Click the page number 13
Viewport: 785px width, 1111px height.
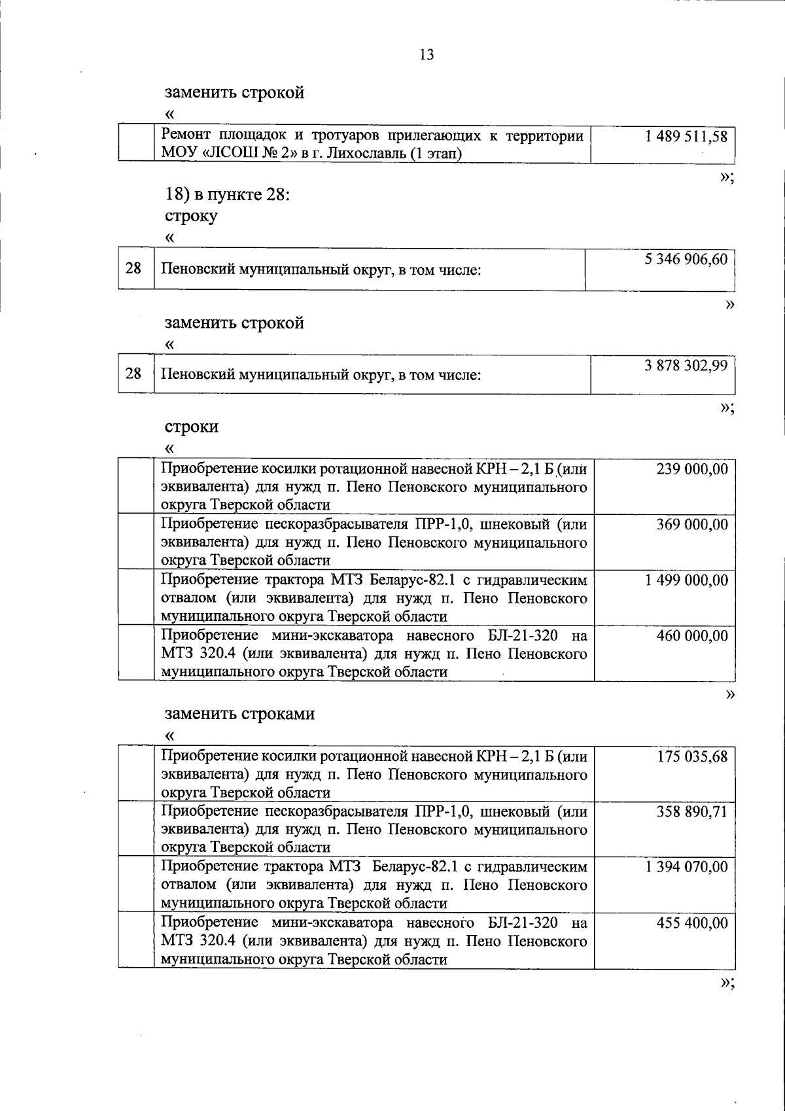tap(427, 55)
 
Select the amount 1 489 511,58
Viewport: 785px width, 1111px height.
tap(686, 137)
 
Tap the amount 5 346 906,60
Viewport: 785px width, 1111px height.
tap(686, 259)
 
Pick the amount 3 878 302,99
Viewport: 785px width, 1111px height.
tap(686, 366)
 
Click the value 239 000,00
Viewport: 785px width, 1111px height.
tap(692, 469)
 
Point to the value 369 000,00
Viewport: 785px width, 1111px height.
tap(692, 525)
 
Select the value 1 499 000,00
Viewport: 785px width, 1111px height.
tap(686, 580)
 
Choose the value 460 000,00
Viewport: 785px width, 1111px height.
tap(692, 635)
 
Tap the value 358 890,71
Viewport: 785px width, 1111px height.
tap(692, 812)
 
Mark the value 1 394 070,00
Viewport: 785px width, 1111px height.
tap(686, 867)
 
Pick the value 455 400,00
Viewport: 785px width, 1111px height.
tap(692, 923)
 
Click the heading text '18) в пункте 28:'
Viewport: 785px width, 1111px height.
tap(226, 195)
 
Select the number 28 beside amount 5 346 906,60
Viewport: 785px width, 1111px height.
tap(133, 267)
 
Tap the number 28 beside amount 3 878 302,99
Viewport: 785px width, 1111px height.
tap(133, 374)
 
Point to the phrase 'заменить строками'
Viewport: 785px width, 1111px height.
tap(239, 713)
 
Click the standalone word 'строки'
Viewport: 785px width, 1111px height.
tap(191, 427)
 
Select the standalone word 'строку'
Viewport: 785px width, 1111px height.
tap(191, 216)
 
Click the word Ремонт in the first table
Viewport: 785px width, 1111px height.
tap(186, 136)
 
